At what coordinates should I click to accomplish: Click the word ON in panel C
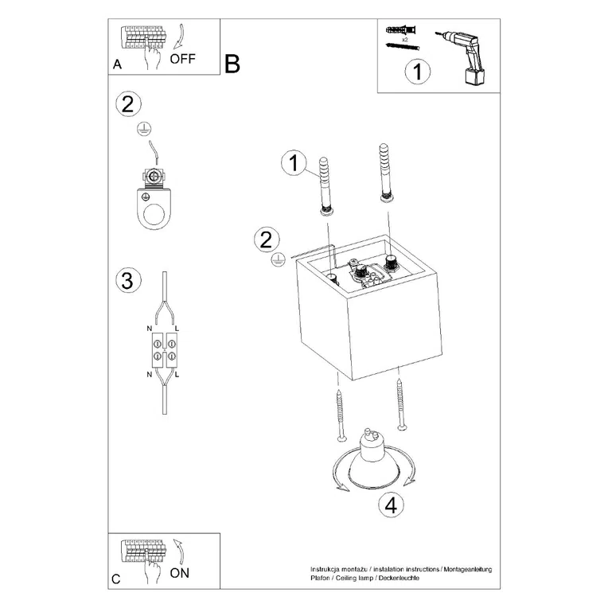(x=180, y=571)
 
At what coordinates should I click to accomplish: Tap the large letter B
(x=232, y=64)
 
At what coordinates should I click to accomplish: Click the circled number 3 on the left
(x=127, y=280)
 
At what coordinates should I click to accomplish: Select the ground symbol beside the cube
(x=278, y=259)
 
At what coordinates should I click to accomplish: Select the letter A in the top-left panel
(x=117, y=65)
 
